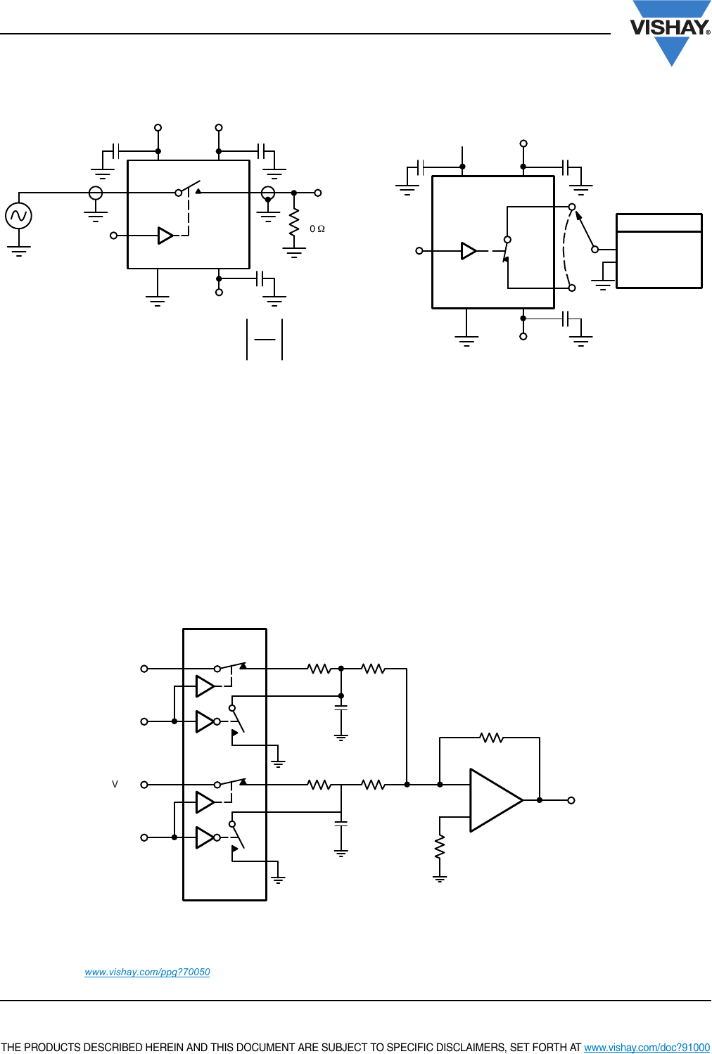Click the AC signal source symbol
(x=18, y=215)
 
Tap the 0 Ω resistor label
(x=317, y=229)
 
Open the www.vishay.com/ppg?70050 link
(x=147, y=972)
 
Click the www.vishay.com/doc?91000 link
(x=647, y=1047)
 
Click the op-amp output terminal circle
(x=571, y=800)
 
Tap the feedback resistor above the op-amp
(x=491, y=738)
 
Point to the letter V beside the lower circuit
(x=115, y=784)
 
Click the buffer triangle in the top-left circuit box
(x=165, y=236)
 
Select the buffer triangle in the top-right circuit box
(x=469, y=251)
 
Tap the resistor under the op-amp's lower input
(x=440, y=847)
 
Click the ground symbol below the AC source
(x=18, y=250)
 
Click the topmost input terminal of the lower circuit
(x=144, y=669)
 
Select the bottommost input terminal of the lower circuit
(x=144, y=837)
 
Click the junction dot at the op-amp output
(x=540, y=800)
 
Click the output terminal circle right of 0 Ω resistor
(x=318, y=193)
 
